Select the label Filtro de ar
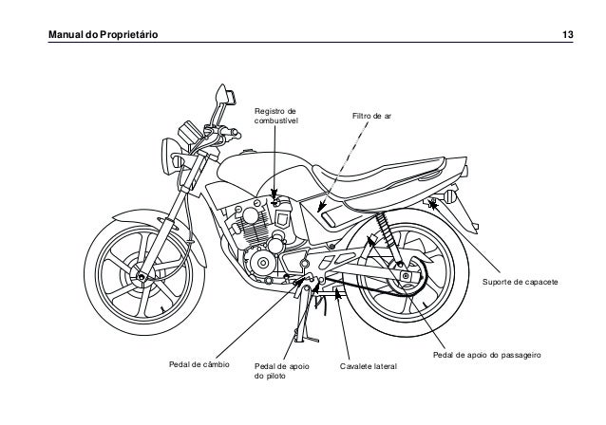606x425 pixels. click(x=372, y=117)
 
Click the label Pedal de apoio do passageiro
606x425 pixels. click(x=486, y=356)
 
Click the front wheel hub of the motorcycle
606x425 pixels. click(x=140, y=275)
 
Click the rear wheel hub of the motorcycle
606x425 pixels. click(x=407, y=275)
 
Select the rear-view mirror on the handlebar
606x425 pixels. click(x=225, y=95)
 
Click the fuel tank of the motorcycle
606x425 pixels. click(x=261, y=176)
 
